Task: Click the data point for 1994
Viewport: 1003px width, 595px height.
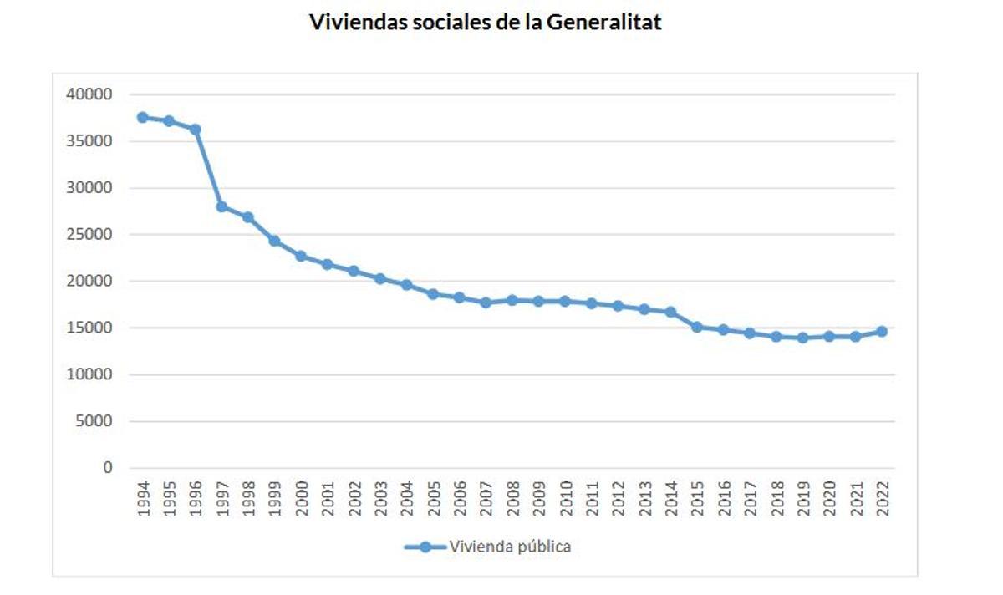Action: click(x=142, y=117)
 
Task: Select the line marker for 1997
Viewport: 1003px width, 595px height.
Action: click(x=221, y=206)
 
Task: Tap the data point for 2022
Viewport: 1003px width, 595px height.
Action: click(x=881, y=332)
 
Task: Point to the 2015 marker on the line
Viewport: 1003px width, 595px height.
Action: click(x=696, y=327)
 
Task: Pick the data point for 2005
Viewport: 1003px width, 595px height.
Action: click(x=433, y=294)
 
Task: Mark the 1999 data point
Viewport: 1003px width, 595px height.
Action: click(x=274, y=241)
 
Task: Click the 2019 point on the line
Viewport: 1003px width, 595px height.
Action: click(x=802, y=338)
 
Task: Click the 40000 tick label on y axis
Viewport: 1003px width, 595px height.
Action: click(x=89, y=94)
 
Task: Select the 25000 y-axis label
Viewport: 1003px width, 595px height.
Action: click(x=89, y=235)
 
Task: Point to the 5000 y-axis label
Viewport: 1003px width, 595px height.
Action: click(x=93, y=421)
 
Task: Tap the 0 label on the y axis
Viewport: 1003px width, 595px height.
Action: click(x=107, y=468)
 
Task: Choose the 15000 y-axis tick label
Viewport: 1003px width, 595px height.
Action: click(x=89, y=328)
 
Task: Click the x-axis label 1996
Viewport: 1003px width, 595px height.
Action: click(x=195, y=499)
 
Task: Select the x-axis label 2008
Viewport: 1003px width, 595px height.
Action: click(x=512, y=499)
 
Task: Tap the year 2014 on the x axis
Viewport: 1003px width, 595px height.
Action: click(x=670, y=499)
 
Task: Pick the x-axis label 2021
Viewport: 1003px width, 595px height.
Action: click(x=855, y=499)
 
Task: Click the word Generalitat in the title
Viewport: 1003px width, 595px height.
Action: click(x=603, y=23)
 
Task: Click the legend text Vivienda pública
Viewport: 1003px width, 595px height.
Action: click(x=510, y=547)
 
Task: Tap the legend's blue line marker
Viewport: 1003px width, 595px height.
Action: click(x=425, y=547)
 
